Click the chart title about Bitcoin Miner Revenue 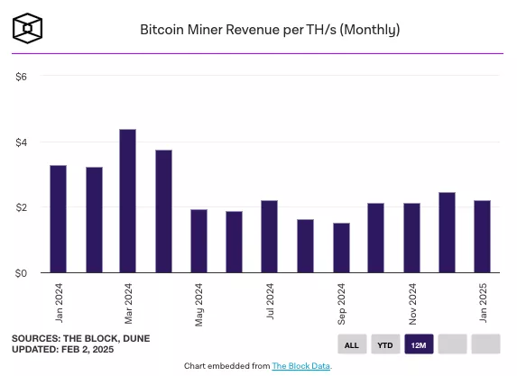tap(270, 30)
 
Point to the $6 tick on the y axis tap(22, 77)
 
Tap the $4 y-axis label tap(22, 142)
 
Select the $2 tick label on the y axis tap(22, 207)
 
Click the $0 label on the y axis tap(22, 272)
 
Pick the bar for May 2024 tap(198, 241)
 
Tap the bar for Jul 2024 tap(269, 236)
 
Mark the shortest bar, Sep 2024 tap(341, 248)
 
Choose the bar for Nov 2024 tap(411, 238)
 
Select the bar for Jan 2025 tap(482, 236)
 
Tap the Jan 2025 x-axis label tap(483, 302)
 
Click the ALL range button tap(352, 344)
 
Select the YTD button tap(385, 344)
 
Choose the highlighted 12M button tap(419, 344)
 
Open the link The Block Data tap(301, 366)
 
